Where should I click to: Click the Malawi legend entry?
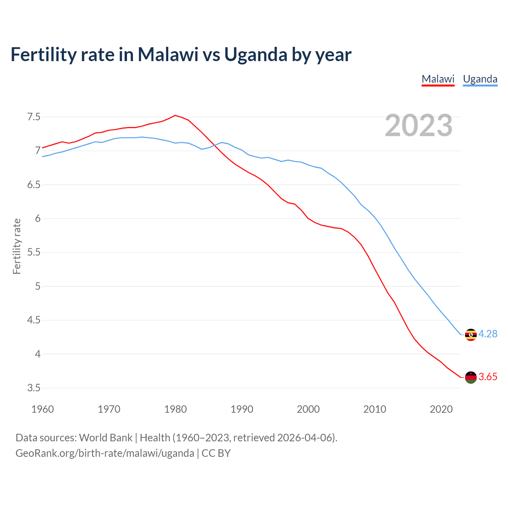(438, 79)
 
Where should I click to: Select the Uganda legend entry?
(480, 79)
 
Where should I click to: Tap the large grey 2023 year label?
(419, 125)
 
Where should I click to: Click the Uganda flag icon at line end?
(471, 335)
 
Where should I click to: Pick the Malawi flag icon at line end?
(471, 377)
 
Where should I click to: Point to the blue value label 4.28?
(488, 334)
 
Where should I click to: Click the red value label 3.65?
(488, 377)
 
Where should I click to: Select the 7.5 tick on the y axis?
(34, 117)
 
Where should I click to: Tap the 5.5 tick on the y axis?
(34, 252)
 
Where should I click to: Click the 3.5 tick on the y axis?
(34, 388)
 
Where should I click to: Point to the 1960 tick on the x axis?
(42, 409)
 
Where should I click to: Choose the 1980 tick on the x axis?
(175, 409)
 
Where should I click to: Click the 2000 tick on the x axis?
(308, 409)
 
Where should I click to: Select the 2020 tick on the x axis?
(441, 409)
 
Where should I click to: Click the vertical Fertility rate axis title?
(17, 246)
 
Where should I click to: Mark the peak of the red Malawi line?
(175, 115)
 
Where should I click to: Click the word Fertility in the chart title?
(43, 55)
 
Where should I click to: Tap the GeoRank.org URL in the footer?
(105, 453)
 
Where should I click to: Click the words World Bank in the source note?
(106, 438)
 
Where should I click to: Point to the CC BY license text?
(216, 453)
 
